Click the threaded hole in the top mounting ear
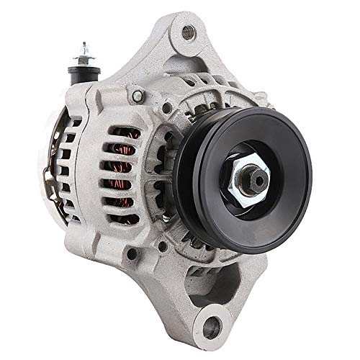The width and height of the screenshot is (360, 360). click(189, 30)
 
